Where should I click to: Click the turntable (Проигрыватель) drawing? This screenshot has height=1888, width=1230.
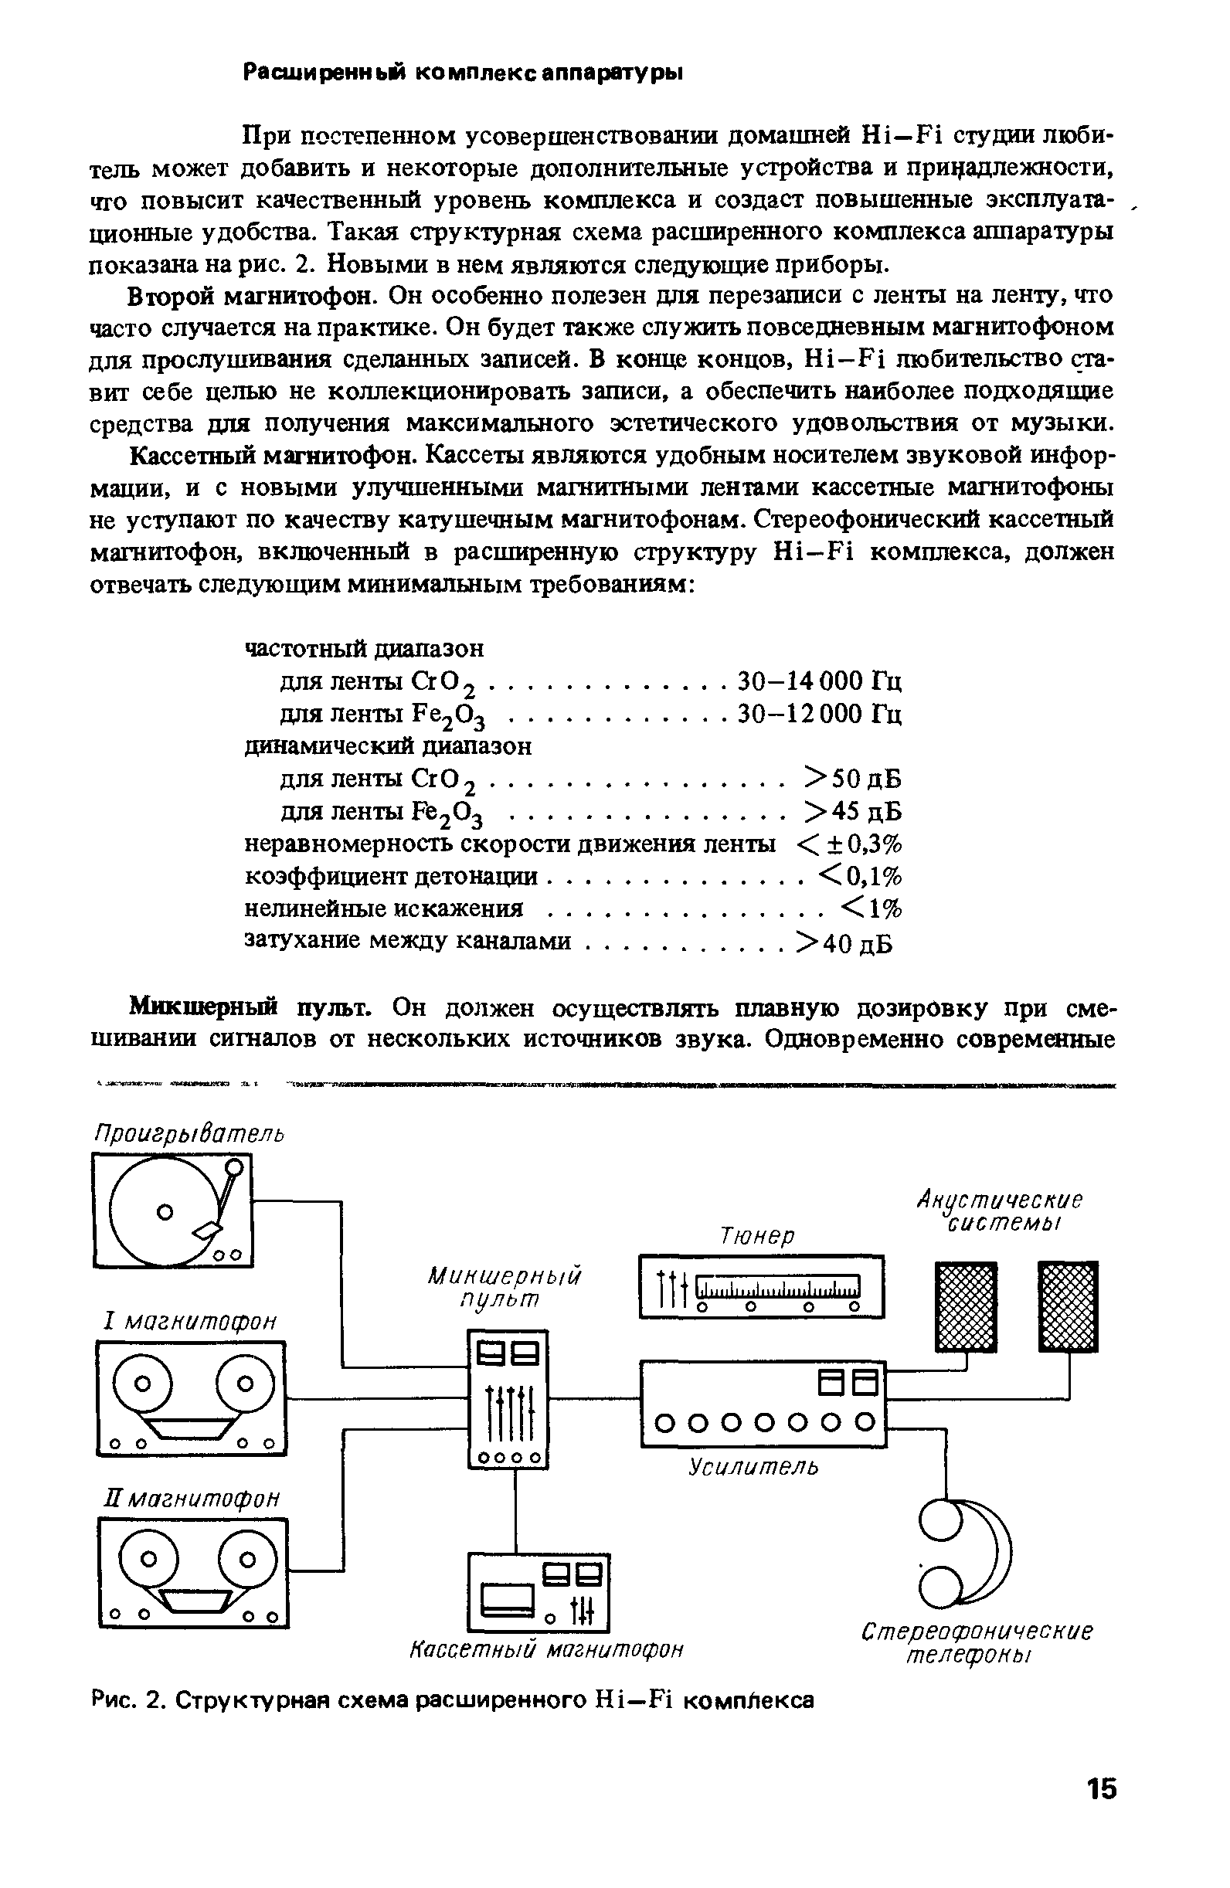pos(172,1210)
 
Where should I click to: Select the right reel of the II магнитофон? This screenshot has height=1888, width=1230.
pos(246,1560)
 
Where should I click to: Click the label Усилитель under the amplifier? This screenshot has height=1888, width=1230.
pos(753,1467)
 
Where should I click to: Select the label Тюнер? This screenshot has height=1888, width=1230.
pos(757,1236)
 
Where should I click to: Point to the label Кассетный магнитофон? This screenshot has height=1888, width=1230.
pos(547,1650)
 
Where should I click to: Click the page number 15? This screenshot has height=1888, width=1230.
pos(1101,1789)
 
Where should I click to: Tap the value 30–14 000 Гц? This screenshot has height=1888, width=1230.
pos(820,681)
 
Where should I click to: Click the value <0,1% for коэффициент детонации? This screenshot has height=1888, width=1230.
pos(860,876)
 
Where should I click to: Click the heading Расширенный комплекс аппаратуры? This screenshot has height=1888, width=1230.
pos(463,73)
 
